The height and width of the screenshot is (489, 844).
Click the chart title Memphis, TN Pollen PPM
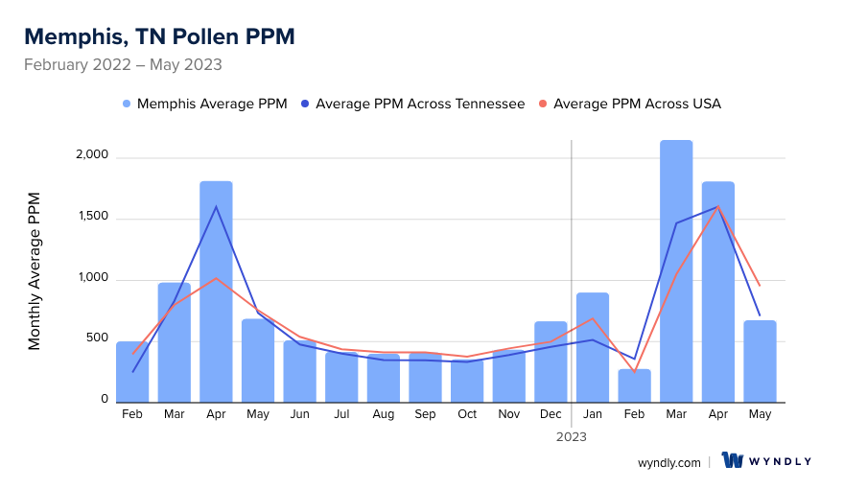pyautogui.click(x=159, y=36)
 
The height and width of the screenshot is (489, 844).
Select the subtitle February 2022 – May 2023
pyautogui.click(x=123, y=65)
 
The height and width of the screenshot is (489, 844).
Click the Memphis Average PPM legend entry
pyautogui.click(x=204, y=104)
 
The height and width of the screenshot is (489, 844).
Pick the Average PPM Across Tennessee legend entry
pyautogui.click(x=412, y=104)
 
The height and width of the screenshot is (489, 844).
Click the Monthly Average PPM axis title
pyautogui.click(x=35, y=270)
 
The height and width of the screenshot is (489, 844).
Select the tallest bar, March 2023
pyautogui.click(x=676, y=271)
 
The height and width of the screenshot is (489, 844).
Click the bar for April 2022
pyautogui.click(x=216, y=291)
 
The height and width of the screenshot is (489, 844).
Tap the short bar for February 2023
pyautogui.click(x=634, y=385)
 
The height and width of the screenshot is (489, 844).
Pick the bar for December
pyautogui.click(x=551, y=361)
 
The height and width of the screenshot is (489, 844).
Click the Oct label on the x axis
pyautogui.click(x=467, y=414)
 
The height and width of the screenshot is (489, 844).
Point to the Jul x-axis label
pyautogui.click(x=341, y=414)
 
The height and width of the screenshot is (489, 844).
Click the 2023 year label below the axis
pyautogui.click(x=572, y=436)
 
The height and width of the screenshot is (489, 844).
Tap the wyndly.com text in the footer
pyautogui.click(x=668, y=462)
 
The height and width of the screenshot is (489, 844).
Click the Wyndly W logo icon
pyautogui.click(x=733, y=460)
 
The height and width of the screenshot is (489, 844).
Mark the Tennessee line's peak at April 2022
pyautogui.click(x=216, y=206)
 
